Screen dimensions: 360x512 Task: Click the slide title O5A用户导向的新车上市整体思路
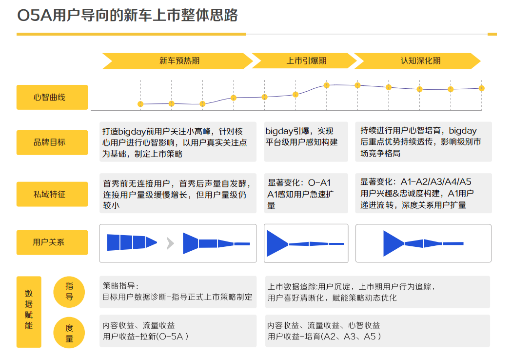127,16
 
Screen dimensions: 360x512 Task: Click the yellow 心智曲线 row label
52,97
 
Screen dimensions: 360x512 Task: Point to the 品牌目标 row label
52,142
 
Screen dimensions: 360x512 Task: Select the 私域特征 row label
52,194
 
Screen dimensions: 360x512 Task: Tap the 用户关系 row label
52,242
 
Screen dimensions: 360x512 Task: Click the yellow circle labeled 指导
69,292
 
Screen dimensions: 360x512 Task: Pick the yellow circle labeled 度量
69,333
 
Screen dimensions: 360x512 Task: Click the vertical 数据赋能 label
29,312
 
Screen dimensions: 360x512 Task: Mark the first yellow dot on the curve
140,104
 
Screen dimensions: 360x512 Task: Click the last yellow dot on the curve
481,88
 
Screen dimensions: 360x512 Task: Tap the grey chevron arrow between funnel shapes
170,243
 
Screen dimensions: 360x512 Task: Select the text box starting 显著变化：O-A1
306,194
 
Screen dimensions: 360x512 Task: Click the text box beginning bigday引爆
306,141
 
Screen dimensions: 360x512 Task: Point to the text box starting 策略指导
178,292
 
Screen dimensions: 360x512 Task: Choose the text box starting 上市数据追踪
377,292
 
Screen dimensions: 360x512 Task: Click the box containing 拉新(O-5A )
178,331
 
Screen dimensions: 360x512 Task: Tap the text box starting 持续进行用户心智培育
423,141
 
